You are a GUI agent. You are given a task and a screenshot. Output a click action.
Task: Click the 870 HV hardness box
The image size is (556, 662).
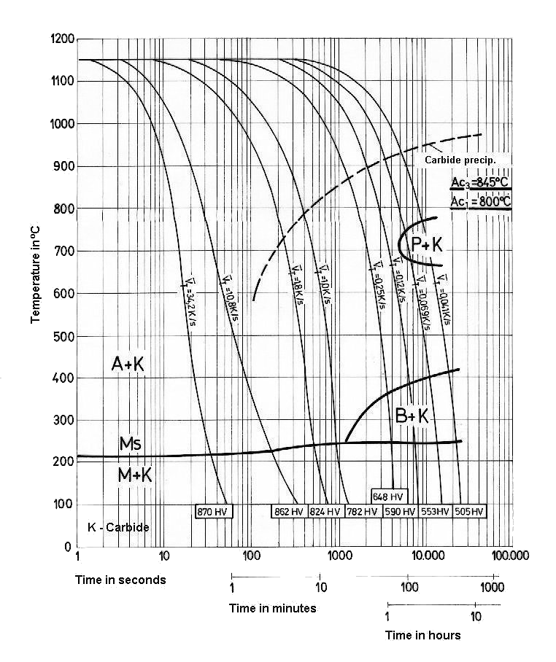[213, 512]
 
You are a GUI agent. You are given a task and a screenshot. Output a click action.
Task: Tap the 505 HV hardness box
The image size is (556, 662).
[469, 512]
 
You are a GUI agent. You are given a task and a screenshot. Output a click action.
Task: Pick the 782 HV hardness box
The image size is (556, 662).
[362, 512]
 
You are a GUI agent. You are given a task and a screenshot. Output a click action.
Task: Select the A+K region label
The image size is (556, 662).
[128, 365]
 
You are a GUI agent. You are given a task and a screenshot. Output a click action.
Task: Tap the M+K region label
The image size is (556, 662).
[135, 475]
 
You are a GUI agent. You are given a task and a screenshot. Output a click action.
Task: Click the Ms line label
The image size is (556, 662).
[131, 444]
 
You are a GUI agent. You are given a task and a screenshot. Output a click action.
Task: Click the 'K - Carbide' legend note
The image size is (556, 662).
[118, 527]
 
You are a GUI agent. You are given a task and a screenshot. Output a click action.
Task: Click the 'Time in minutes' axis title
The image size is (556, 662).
[272, 608]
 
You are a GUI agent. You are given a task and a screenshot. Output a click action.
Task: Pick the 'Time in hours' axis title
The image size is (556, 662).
[423, 635]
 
